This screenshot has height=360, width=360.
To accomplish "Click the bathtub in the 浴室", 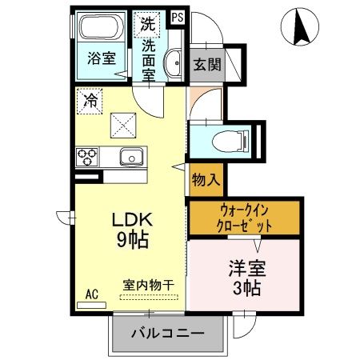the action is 102,27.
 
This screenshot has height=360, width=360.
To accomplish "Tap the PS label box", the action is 178,18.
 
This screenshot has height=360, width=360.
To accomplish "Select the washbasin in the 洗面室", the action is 173,63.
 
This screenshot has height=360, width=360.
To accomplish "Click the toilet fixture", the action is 230,141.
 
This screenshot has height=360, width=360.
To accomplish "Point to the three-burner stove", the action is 87,157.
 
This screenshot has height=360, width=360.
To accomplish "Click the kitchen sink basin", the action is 131,157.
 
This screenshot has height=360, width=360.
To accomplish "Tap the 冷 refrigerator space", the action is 90,102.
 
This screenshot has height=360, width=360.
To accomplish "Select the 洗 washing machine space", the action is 147,24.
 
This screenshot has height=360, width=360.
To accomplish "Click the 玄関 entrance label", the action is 207,64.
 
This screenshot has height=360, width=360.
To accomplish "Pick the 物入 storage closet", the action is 206,180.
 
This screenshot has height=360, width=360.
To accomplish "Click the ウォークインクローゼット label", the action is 244,218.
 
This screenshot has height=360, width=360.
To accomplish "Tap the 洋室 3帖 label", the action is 247,278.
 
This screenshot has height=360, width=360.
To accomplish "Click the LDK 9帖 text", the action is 133,230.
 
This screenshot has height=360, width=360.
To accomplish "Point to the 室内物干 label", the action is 149,285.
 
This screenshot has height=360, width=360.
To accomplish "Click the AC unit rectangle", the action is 91,305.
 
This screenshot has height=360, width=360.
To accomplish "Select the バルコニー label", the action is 168,333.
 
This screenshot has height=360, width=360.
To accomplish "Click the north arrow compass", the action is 300,26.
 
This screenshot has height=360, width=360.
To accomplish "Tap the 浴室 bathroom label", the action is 102,58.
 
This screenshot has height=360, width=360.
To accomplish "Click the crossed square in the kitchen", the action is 123,126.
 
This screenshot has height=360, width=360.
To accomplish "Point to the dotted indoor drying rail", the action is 149,297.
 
